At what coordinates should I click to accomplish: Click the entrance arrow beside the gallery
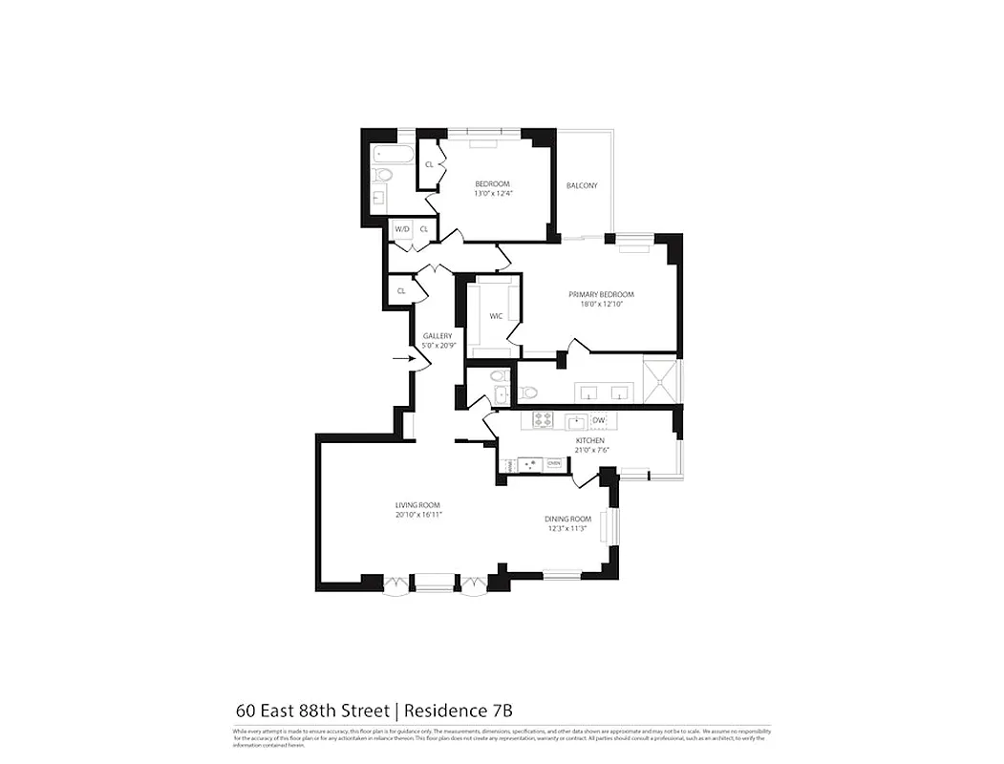401,359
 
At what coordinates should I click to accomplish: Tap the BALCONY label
582,185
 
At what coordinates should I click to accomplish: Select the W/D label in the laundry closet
402,229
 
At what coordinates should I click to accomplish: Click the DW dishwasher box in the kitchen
599,420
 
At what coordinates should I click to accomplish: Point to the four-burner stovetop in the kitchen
544,419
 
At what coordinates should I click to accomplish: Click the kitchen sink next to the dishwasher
576,420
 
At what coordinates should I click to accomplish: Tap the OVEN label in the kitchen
553,463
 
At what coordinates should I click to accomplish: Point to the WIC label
497,315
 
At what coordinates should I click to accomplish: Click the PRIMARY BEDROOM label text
601,294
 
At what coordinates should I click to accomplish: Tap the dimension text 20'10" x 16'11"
418,515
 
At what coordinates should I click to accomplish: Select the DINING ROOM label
568,519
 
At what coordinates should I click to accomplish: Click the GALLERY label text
438,336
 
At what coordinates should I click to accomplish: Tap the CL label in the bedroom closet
430,164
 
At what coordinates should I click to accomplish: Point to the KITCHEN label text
589,440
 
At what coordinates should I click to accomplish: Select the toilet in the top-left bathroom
383,175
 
